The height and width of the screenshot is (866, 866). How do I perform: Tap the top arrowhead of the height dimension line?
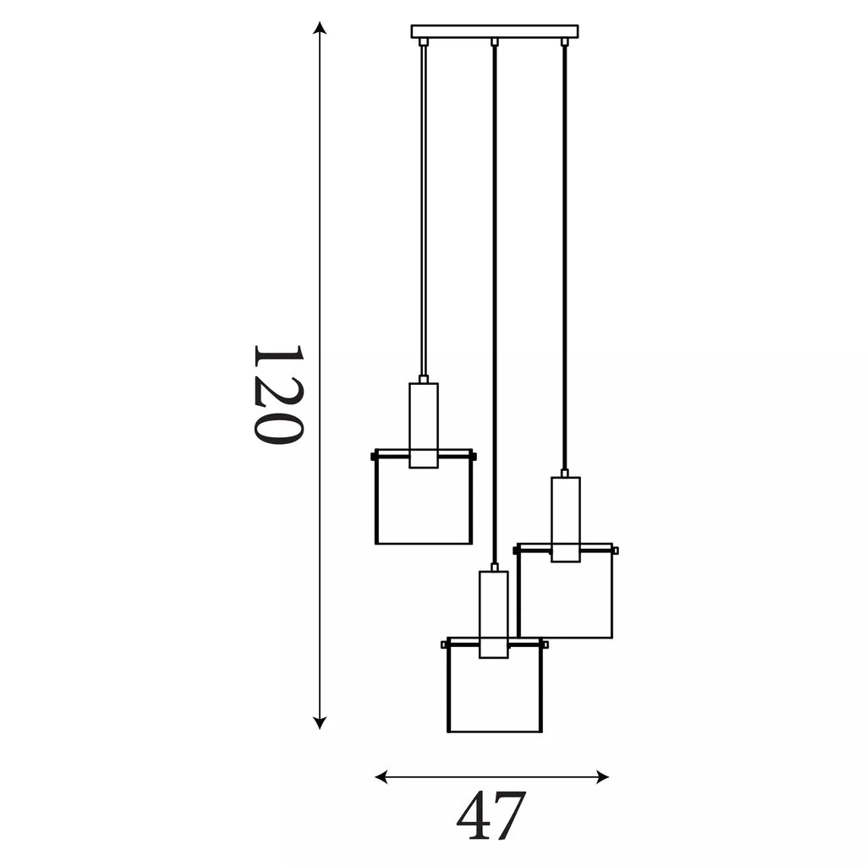pos(319,28)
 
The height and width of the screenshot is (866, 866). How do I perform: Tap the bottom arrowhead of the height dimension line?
pos(319,722)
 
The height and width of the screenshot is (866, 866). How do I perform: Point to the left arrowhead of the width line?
pos(381,777)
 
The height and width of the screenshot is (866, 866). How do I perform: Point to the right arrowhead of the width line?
pos(602,777)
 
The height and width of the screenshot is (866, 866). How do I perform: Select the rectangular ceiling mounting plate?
pos(495,31)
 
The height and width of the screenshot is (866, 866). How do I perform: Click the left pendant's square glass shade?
pos(424,497)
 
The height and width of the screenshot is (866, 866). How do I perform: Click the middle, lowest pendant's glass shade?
pos(495,685)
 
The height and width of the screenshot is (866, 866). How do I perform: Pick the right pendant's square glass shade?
pos(566,591)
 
